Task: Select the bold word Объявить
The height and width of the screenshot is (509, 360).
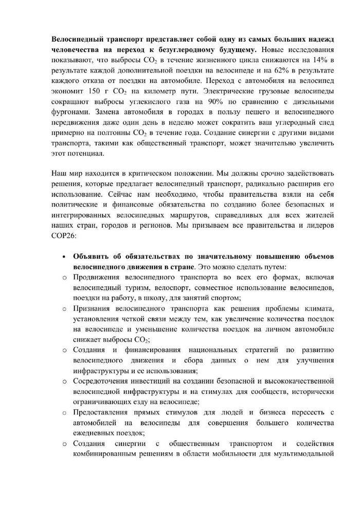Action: [x=91, y=256]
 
